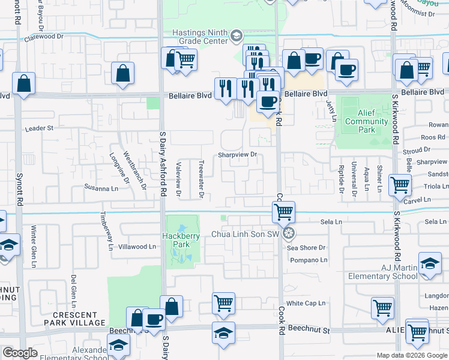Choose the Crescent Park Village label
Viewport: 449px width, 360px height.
[x=74, y=319]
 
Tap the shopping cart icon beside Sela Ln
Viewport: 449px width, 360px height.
[x=283, y=211]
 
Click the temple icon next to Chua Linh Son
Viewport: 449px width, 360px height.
[x=289, y=233]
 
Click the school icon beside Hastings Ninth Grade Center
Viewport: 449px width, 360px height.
[x=236, y=36]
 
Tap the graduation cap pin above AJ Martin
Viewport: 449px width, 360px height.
[x=430, y=264]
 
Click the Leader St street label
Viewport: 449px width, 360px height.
[x=39, y=128]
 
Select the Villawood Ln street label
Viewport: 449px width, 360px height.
[x=137, y=247]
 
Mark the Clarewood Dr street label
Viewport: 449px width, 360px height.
[x=44, y=37]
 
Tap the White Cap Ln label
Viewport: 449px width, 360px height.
[x=306, y=304]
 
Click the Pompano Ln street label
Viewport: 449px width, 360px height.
[x=309, y=260]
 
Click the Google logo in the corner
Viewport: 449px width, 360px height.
[x=20, y=353]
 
